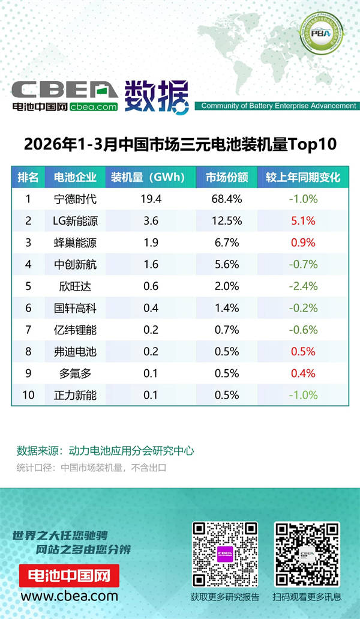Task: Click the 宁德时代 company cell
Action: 75,199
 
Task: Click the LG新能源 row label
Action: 75,220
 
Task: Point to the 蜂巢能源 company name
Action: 75,243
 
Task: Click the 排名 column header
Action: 28,177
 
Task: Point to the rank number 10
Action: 28,395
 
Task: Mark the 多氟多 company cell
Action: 75,373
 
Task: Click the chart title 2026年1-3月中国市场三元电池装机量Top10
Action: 179,145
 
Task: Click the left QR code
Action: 225,554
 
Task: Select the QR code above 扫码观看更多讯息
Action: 307,554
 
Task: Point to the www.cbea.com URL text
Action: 69,596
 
